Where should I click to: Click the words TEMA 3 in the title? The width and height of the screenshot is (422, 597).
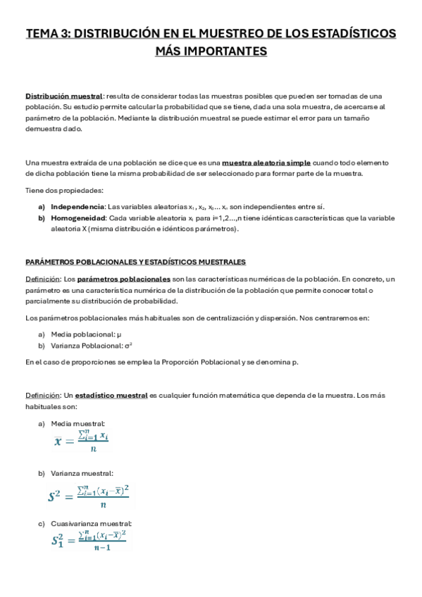47,33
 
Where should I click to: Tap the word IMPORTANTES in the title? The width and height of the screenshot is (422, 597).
229,51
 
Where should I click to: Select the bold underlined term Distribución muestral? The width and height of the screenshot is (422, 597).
64,96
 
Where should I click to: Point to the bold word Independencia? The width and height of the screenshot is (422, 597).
77,206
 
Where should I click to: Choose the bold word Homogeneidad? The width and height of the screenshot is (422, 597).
77,218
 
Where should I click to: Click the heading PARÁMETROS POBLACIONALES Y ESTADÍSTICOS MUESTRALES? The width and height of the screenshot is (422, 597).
135,262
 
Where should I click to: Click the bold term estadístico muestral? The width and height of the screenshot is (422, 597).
111,396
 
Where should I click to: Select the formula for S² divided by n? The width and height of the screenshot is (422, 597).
89,495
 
